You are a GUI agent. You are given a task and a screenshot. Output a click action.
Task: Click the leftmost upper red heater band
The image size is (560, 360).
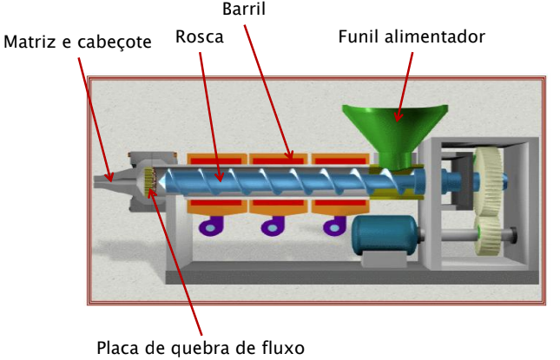pos(216,160)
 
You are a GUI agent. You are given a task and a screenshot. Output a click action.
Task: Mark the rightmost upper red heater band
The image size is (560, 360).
pos(339,160)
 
